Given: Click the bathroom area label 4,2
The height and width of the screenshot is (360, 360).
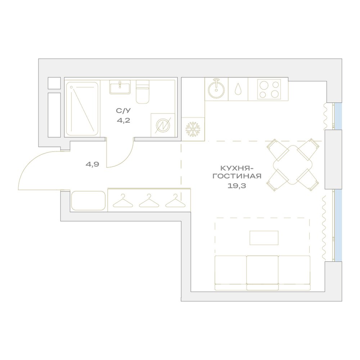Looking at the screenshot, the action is point(123,120).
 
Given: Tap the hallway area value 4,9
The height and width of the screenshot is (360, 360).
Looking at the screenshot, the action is point(92,164).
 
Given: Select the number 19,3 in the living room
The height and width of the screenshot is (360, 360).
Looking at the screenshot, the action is point(237,186).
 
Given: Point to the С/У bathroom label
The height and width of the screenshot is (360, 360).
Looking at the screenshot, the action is point(123,111).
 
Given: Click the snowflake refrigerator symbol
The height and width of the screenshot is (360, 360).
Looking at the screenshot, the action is point(193,129).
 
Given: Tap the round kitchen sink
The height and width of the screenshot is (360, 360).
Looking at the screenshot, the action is point(216,89).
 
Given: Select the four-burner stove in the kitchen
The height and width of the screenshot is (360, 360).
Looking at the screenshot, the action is point(269,89).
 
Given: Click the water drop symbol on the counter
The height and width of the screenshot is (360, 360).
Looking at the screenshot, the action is point(238,89).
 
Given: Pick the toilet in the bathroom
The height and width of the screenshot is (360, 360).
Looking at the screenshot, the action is point(143,91).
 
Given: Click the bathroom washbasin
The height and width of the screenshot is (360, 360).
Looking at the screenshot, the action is point(120,87).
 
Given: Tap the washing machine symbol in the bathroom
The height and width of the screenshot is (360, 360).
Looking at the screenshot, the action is point(163,125).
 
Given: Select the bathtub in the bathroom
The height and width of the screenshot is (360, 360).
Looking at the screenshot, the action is point(82,109).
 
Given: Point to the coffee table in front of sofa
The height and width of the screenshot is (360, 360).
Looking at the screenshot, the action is point(264,238).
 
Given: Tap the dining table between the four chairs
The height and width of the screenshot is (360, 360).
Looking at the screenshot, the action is point(293,165).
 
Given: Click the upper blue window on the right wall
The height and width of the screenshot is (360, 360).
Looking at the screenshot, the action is point(338,116).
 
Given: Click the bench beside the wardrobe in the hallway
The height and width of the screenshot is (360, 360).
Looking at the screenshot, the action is point(88,201).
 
